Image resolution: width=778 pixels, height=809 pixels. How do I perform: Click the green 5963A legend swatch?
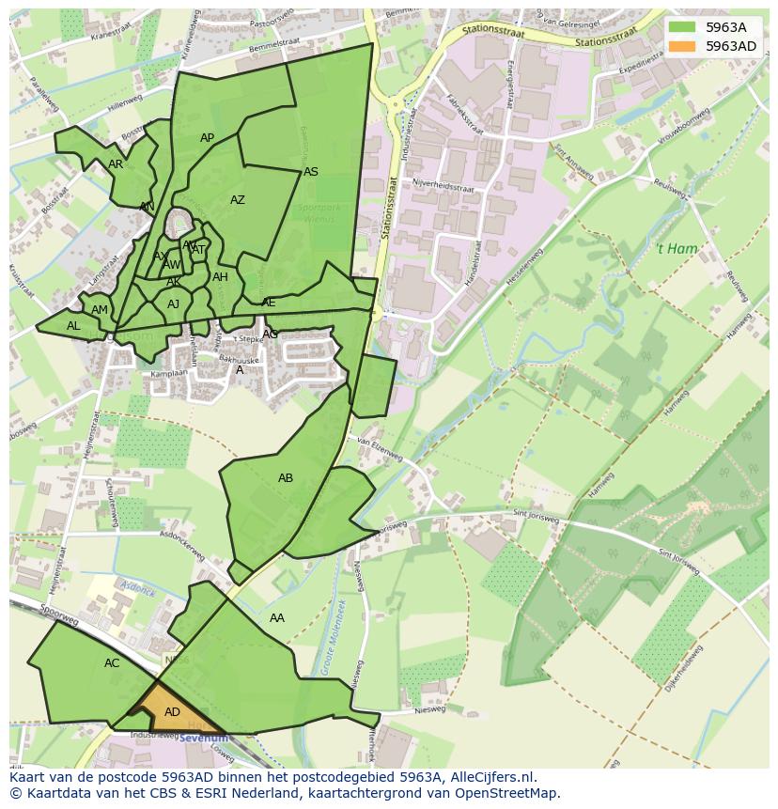682,27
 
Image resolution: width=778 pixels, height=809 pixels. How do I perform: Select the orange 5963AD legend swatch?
682,46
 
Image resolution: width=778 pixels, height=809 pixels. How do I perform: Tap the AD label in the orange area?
172,712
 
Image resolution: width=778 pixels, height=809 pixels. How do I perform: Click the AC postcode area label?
112,662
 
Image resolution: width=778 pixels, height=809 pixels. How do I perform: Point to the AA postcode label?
277,617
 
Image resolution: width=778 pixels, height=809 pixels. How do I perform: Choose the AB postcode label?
286,478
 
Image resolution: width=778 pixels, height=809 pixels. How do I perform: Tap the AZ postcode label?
238,199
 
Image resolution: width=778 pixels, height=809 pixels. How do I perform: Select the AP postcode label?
208,138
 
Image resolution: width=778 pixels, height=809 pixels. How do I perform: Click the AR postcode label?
116,163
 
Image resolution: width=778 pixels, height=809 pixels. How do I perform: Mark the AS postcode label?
311,172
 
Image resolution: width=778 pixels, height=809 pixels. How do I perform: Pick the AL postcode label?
73,326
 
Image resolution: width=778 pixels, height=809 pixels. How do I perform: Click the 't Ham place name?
673,249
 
